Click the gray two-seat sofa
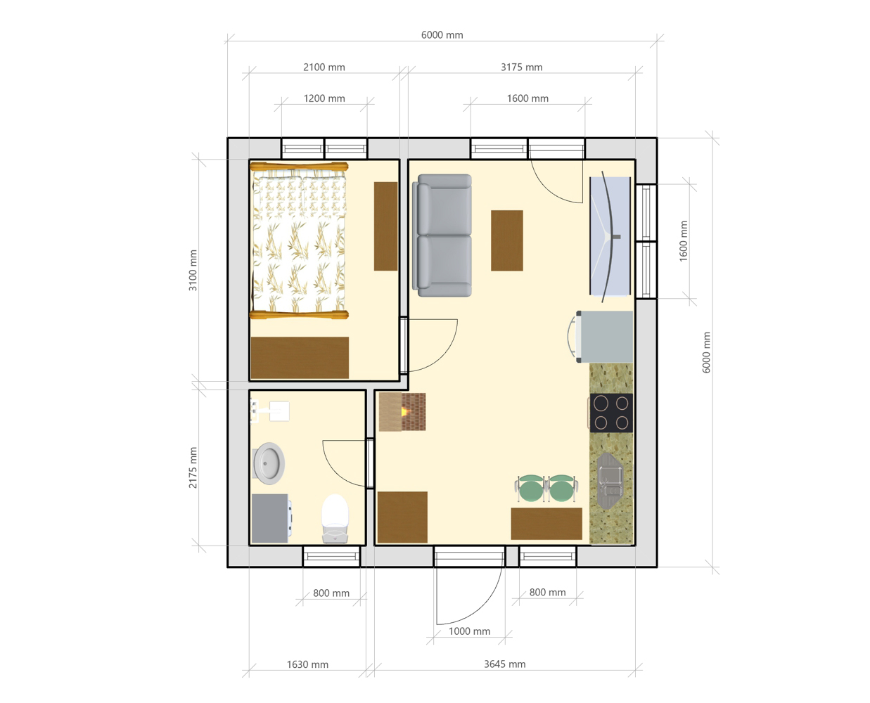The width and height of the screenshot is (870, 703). [442, 235]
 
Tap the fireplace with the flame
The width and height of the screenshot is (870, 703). [402, 411]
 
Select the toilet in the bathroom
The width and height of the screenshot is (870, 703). [335, 519]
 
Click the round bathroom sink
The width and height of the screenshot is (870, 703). [269, 463]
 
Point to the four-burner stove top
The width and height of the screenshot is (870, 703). [610, 413]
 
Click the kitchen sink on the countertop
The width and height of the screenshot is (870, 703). [610, 481]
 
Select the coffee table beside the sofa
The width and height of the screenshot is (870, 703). [506, 240]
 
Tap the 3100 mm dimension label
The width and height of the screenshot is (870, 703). [193, 270]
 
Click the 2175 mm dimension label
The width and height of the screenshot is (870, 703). [193, 467]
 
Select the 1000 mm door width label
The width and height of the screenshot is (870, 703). [469, 631]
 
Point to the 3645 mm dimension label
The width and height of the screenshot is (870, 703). [504, 664]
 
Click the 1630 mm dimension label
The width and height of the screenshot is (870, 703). [307, 664]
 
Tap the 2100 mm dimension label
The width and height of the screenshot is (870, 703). [324, 67]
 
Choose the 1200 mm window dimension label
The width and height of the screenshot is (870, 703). [324, 99]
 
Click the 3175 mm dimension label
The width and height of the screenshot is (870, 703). [522, 67]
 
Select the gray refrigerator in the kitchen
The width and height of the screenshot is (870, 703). [603, 337]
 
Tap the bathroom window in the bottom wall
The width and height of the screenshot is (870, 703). [331, 557]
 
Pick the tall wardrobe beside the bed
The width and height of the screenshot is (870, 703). [385, 226]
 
